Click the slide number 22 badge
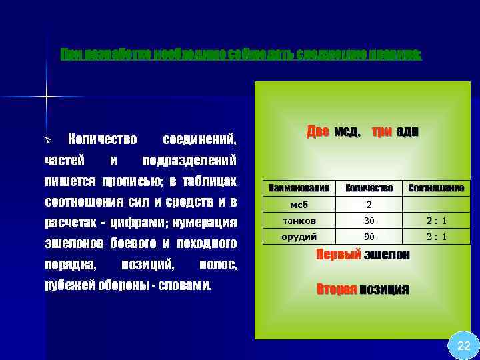pyautogui.click(x=463, y=345)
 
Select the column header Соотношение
pyautogui.click(x=436, y=189)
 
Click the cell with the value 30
pyautogui.click(x=369, y=221)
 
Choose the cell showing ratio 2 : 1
pyautogui.click(x=436, y=221)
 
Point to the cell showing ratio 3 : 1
pyautogui.click(x=436, y=236)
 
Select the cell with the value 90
pyautogui.click(x=369, y=236)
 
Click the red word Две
pyautogui.click(x=317, y=132)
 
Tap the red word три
pyautogui.click(x=381, y=132)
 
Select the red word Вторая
pyautogui.click(x=337, y=289)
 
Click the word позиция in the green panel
pyautogui.click(x=384, y=289)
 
